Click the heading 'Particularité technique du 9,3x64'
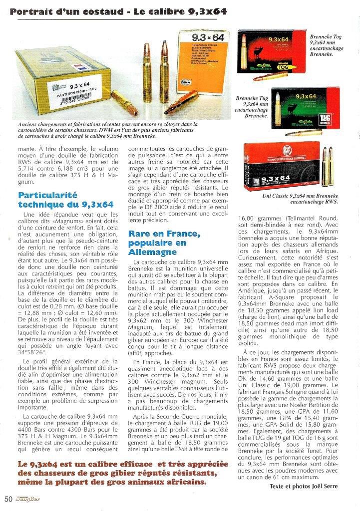(x=65, y=200)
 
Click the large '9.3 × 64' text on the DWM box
(x=207, y=38)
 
